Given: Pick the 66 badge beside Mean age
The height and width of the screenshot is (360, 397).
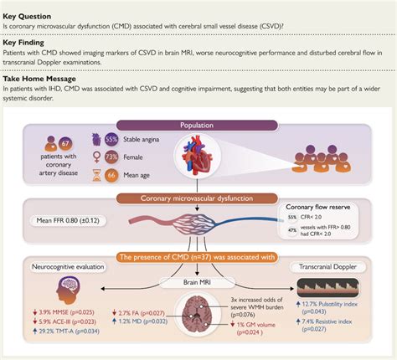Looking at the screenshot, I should pyautogui.click(x=109, y=177).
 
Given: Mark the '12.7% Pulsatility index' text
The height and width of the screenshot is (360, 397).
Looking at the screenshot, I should pyautogui.click(x=336, y=303).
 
